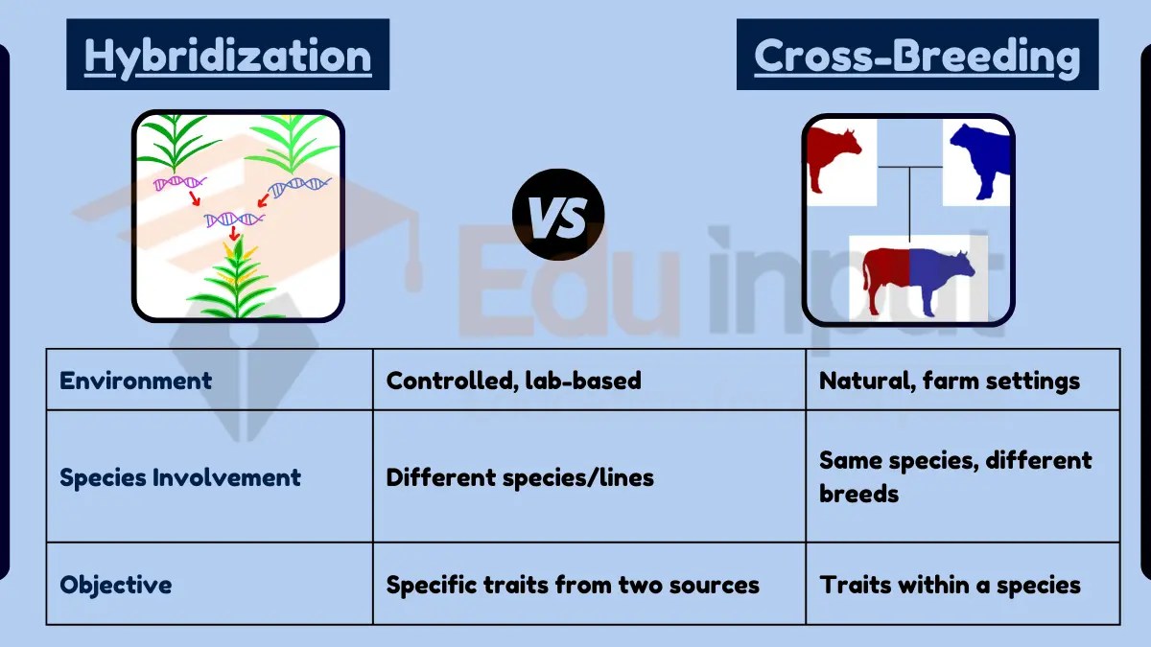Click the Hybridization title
(227, 56)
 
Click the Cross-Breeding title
(917, 56)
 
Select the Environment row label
(135, 381)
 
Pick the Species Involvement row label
(180, 477)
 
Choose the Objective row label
(116, 585)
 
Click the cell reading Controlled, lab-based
(513, 381)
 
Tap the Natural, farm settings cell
(949, 381)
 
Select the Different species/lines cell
(520, 477)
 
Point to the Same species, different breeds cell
(954, 477)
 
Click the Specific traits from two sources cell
(573, 585)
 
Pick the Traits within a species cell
(950, 585)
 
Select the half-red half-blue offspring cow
(916, 277)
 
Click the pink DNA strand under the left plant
(180, 181)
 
